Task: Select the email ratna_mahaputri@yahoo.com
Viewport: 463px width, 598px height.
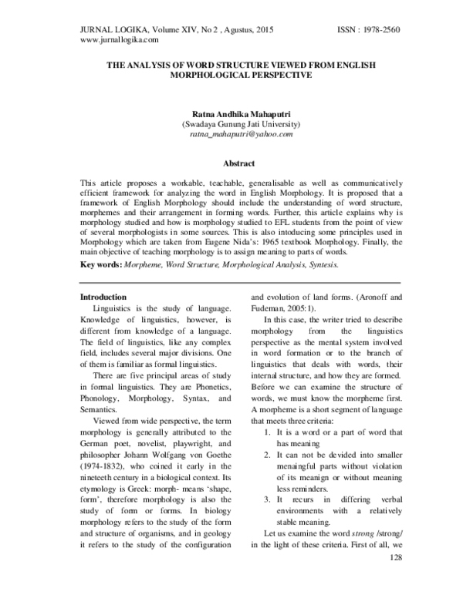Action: point(231,134)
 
